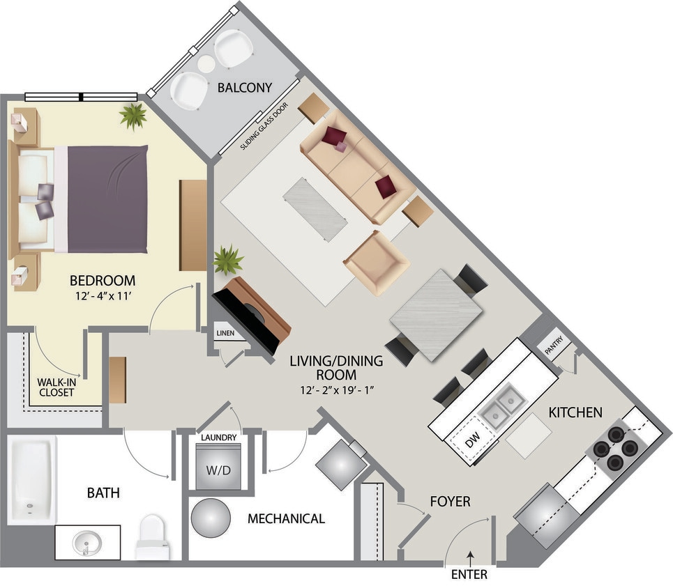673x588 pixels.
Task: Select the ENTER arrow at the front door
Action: (471, 556)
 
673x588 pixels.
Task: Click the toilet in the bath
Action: (151, 536)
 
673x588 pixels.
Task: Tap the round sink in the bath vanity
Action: (86, 542)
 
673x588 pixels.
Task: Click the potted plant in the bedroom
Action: (133, 116)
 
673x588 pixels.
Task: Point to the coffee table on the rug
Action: (315, 208)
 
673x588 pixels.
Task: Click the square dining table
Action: (435, 314)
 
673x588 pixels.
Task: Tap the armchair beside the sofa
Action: (375, 262)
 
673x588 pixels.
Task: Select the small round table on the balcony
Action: (206, 64)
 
